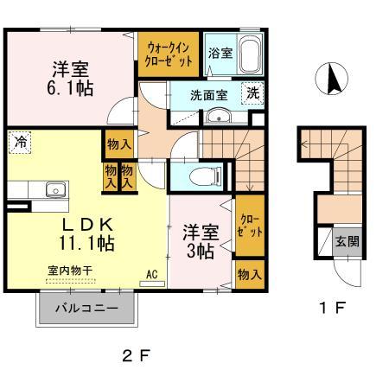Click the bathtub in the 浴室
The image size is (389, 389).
pos(251,54)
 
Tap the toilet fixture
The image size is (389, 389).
pos(206,176)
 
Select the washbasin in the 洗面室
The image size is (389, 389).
pos(218,116)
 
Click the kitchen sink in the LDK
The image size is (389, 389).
pos(55,190)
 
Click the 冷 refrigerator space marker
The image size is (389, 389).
pos(20,143)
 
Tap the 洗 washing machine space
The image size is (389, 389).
pos(253,93)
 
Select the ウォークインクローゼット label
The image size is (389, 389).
pos(169,54)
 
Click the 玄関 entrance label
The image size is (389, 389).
pos(348,241)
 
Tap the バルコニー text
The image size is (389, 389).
pos(86,309)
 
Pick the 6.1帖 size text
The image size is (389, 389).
pos(70,88)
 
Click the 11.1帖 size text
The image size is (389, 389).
pos(86,243)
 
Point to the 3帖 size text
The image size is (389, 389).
pos(201,251)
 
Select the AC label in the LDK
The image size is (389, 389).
pos(152,274)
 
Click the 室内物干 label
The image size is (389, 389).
pos(70,271)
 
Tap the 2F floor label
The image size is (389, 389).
pos(136,356)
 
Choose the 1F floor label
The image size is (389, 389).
pos(332,308)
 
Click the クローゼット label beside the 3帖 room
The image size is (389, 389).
pos(250,226)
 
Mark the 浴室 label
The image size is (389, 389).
pos(220,53)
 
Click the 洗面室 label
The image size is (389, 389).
pos(209,95)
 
